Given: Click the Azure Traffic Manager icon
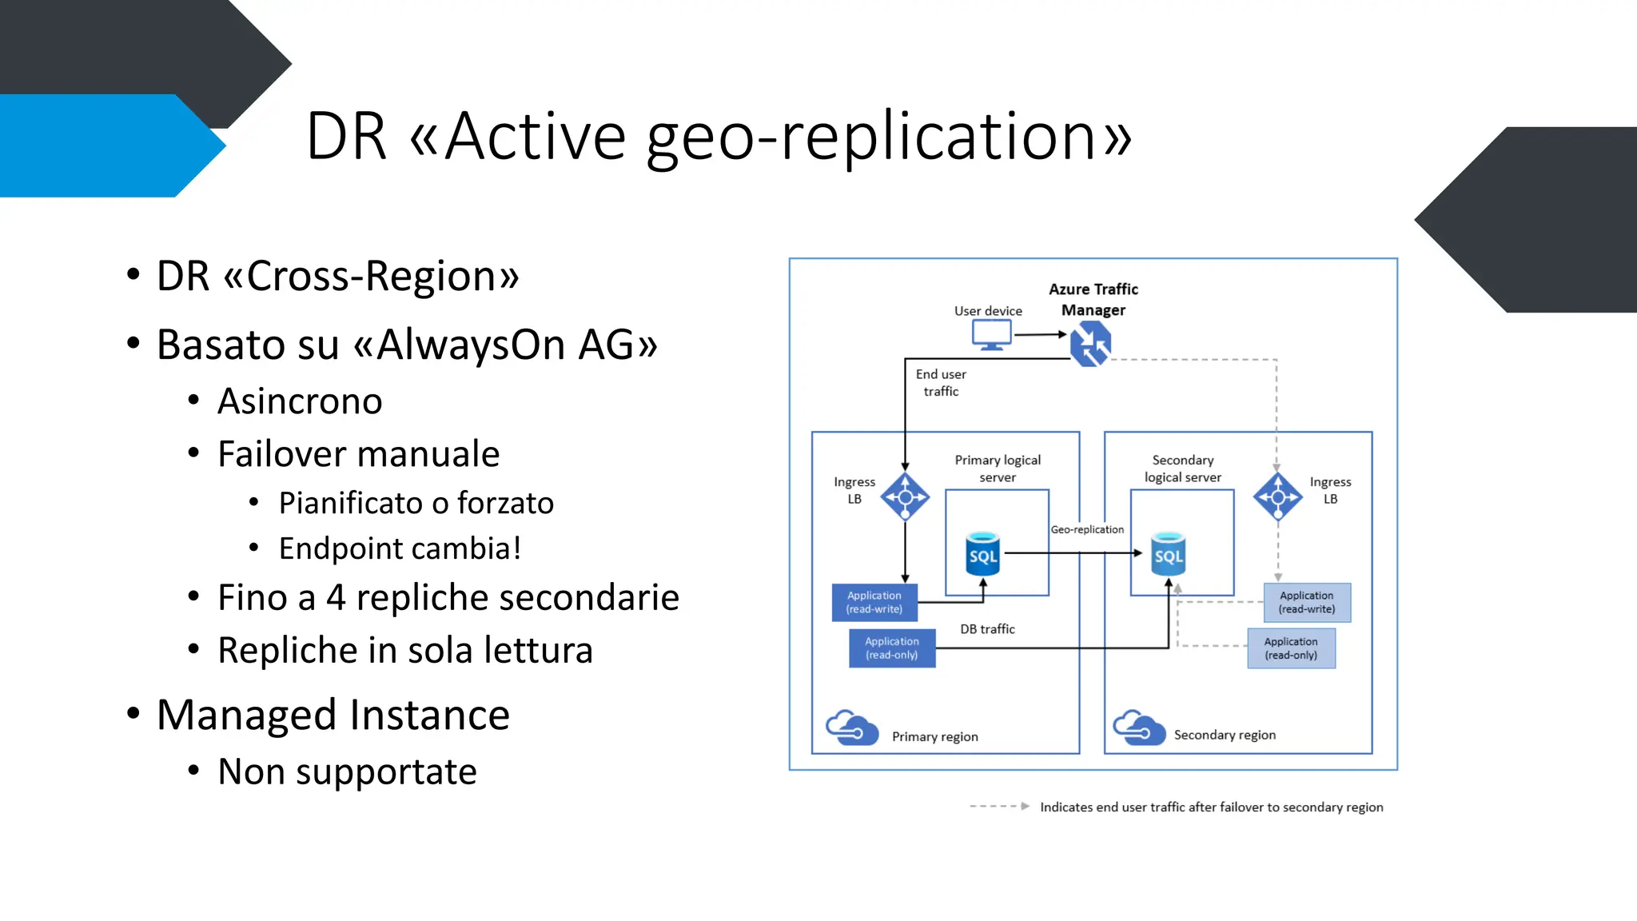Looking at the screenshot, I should pyautogui.click(x=1091, y=344).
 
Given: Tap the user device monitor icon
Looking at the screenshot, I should pyautogui.click(x=992, y=334).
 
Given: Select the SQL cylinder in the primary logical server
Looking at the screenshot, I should pyautogui.click(x=983, y=554).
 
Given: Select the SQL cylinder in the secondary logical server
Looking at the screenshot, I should pyautogui.click(x=1168, y=554).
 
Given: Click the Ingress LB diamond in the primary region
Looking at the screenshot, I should pyautogui.click(x=905, y=497).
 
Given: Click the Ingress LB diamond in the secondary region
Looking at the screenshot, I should pyautogui.click(x=1277, y=497).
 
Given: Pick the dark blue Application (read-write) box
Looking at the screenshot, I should pyautogui.click(x=874, y=602).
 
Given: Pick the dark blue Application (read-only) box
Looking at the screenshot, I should pyautogui.click(x=892, y=648).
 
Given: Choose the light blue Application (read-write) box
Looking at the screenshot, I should pyautogui.click(x=1307, y=602).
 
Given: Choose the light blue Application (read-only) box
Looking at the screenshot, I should pyautogui.click(x=1291, y=648).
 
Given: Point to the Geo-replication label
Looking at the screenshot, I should pyautogui.click(x=1087, y=529).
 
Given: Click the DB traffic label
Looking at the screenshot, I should pyautogui.click(x=987, y=629).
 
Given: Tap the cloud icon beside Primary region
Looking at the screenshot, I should pyautogui.click(x=851, y=727).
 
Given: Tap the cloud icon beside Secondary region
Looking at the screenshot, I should pyautogui.click(x=1139, y=727).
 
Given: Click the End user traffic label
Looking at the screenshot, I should pyautogui.click(x=941, y=382).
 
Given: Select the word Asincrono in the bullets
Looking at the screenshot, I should pyautogui.click(x=300, y=401).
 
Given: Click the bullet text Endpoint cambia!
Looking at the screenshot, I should pyautogui.click(x=400, y=548).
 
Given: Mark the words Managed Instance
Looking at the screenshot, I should pyautogui.click(x=333, y=715).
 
